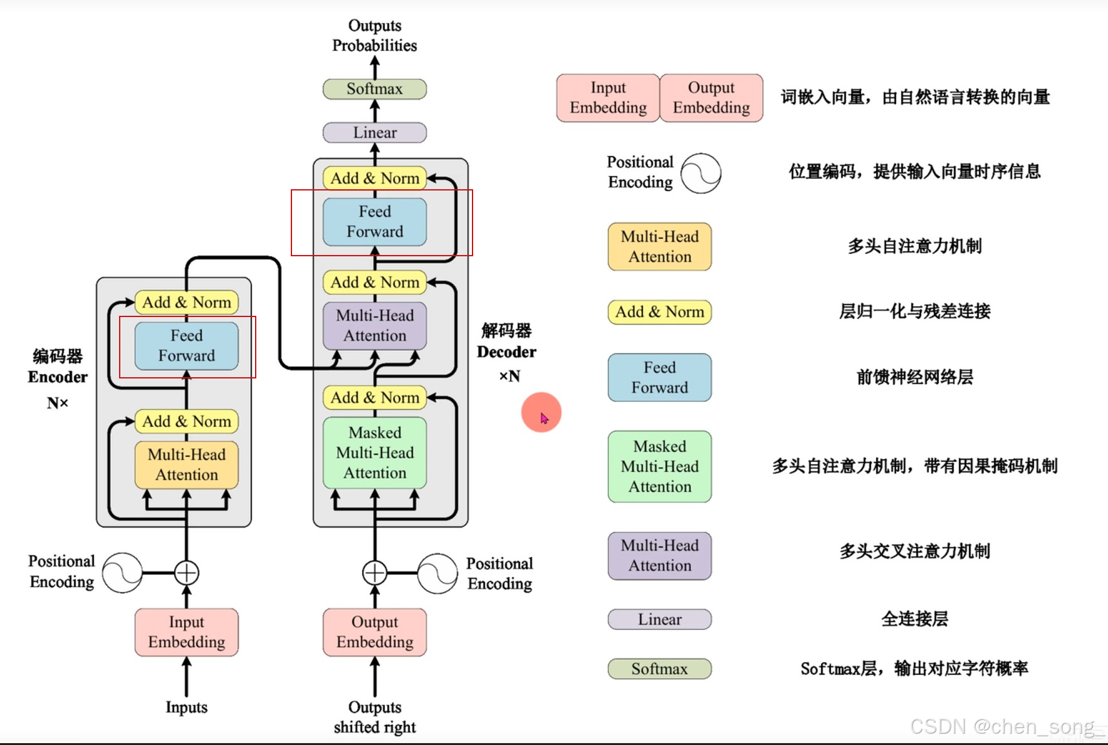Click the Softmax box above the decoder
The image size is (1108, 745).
tap(374, 89)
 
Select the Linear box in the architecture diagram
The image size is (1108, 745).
tap(374, 133)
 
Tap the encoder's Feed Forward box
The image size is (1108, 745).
tap(186, 346)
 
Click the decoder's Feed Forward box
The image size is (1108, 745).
tap(374, 222)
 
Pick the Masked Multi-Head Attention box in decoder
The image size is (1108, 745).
tap(374, 453)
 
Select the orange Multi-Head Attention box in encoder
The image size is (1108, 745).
tap(186, 465)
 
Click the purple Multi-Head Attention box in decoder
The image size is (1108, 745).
tap(374, 326)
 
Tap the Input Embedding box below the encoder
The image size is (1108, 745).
tap(186, 632)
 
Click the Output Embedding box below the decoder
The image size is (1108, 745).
tap(374, 632)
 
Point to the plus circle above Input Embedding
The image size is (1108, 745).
tap(186, 572)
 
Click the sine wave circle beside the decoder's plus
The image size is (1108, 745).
tap(437, 573)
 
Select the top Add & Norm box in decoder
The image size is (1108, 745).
tap(374, 179)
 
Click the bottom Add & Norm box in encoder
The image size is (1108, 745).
tap(186, 422)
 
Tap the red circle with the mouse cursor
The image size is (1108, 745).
tap(541, 412)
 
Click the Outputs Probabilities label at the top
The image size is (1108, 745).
tap(374, 36)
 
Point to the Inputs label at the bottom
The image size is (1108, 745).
tap(186, 707)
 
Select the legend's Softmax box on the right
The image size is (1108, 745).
tap(659, 669)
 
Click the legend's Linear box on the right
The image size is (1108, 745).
tap(659, 620)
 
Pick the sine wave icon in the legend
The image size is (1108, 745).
tap(701, 174)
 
